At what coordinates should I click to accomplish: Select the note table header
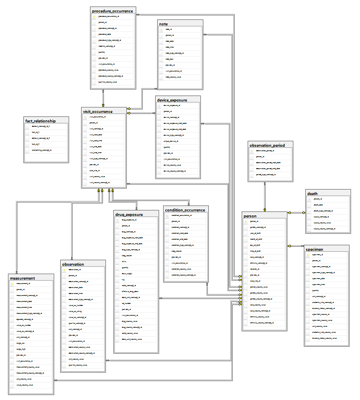(x=164, y=23)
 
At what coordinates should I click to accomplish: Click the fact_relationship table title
(x=40, y=121)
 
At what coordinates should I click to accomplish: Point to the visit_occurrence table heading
(x=97, y=111)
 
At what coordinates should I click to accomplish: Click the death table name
(x=313, y=194)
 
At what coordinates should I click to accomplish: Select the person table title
(x=250, y=216)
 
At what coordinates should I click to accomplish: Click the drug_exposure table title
(x=129, y=214)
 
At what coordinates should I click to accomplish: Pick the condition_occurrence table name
(x=185, y=210)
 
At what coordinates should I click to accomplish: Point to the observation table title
(x=73, y=264)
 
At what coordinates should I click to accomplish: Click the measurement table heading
(x=22, y=278)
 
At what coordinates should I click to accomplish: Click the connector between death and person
(x=296, y=213)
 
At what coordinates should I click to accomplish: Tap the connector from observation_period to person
(x=265, y=197)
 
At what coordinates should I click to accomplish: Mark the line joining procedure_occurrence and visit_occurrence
(x=103, y=98)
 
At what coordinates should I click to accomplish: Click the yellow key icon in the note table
(x=161, y=30)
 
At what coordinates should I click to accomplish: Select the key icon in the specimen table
(x=307, y=254)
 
